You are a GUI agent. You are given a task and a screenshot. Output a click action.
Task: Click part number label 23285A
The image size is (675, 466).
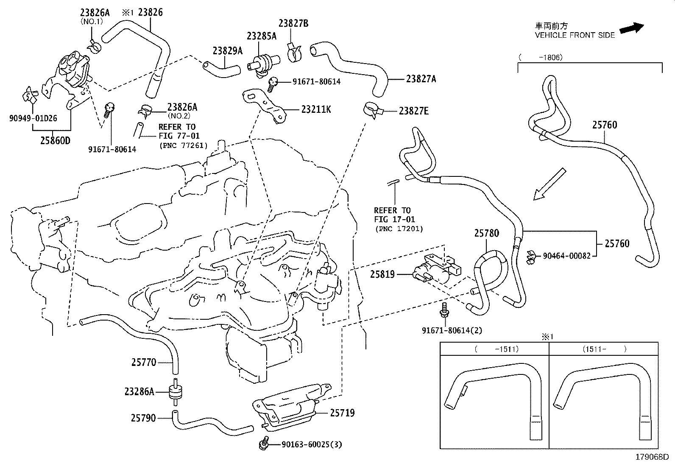[x=262, y=36]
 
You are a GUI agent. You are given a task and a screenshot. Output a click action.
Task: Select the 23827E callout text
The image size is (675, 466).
[x=413, y=111]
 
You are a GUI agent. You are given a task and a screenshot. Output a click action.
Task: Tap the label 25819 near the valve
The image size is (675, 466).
[x=382, y=274]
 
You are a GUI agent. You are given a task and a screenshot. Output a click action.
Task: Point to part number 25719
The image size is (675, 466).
[x=342, y=413]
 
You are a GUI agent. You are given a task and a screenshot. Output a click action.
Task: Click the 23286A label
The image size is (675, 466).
[x=139, y=391]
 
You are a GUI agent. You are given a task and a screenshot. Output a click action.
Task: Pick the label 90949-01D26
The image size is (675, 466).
[x=33, y=118]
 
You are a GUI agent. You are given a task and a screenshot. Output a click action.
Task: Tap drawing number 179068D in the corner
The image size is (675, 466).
[x=652, y=458]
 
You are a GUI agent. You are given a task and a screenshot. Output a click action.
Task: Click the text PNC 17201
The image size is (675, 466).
[x=399, y=229]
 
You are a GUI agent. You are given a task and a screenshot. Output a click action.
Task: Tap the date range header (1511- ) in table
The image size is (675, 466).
[x=604, y=349]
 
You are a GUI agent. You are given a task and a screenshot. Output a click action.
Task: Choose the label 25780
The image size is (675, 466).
[x=486, y=233]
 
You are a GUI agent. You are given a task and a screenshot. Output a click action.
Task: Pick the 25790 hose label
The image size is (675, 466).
[x=143, y=418]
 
